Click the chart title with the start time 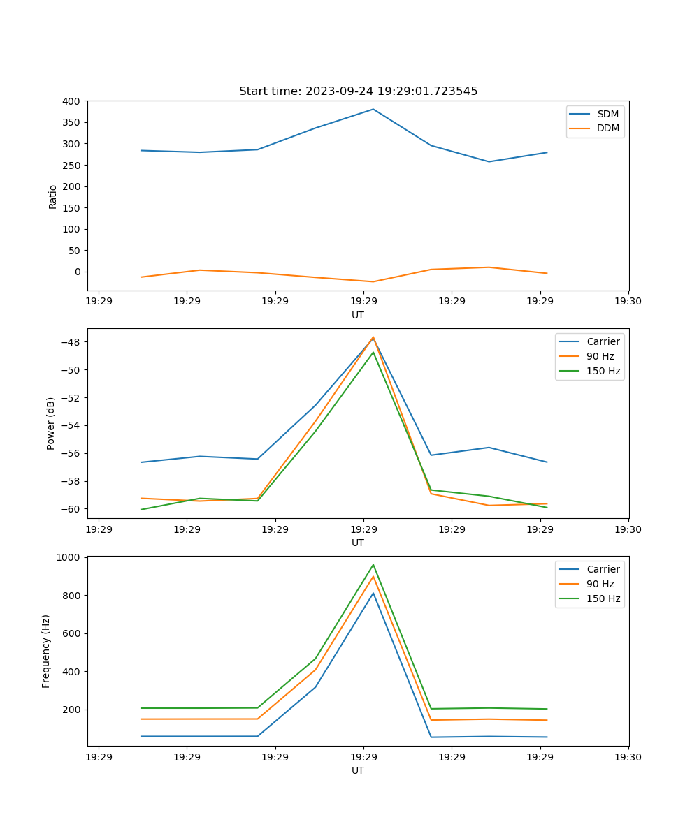[x=358, y=91]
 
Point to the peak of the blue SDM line [x=373, y=109]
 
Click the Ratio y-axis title [x=52, y=196]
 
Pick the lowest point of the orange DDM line [x=373, y=282]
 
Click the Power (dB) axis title [x=51, y=423]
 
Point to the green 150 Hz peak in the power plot [x=373, y=352]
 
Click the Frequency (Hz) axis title [x=46, y=651]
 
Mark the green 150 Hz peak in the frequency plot [x=373, y=564]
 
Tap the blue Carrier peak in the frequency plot [x=373, y=593]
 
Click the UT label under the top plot [x=358, y=315]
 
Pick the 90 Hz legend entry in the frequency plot [x=600, y=584]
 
